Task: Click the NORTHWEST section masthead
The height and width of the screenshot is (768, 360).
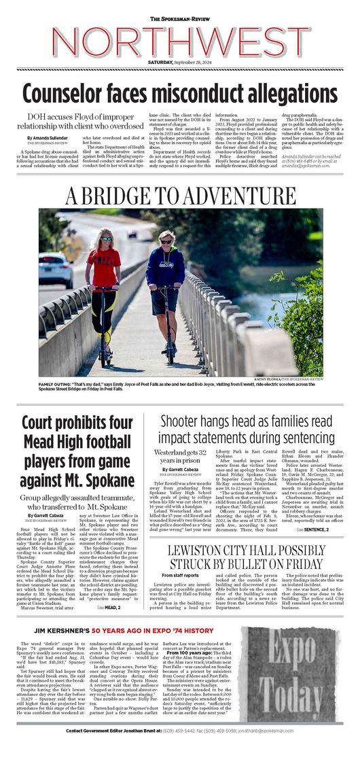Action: point(179,41)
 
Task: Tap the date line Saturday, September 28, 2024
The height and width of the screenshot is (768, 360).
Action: point(179,63)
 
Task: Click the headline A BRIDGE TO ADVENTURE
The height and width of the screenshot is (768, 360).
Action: point(179,196)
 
